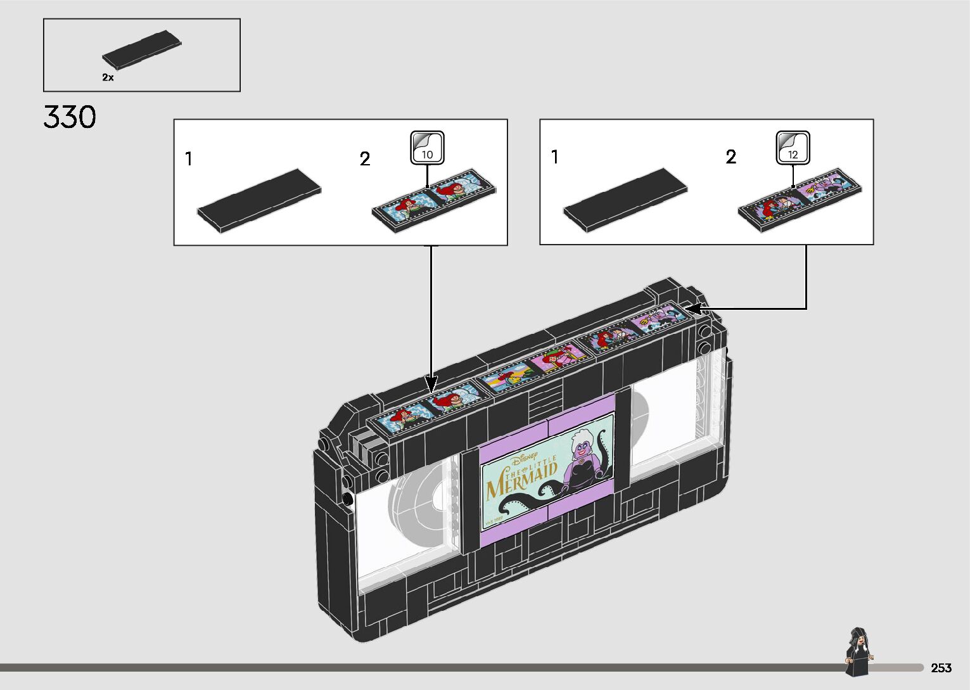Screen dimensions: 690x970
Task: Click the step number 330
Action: tap(70, 118)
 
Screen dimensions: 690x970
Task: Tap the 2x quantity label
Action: tap(108, 77)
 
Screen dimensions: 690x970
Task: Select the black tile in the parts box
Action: tap(142, 49)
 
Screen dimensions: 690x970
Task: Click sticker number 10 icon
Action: tap(427, 148)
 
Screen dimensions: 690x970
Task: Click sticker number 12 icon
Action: tap(793, 148)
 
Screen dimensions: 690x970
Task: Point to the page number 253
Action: tap(941, 668)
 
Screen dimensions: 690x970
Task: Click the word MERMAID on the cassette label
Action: tap(522, 481)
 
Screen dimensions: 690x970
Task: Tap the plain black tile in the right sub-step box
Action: tap(625, 199)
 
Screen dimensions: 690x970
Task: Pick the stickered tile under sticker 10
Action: tap(434, 200)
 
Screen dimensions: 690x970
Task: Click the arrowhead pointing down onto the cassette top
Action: tap(431, 384)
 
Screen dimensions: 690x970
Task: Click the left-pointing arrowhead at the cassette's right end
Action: tap(694, 309)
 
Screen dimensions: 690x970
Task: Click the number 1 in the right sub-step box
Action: tap(555, 157)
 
